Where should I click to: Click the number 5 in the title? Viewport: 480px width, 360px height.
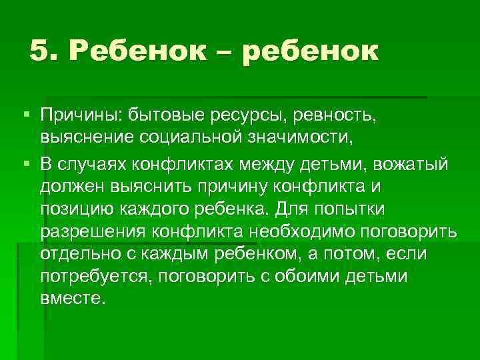39,51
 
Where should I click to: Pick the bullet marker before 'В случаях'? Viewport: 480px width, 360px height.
27,165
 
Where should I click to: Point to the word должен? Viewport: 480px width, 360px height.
70,187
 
